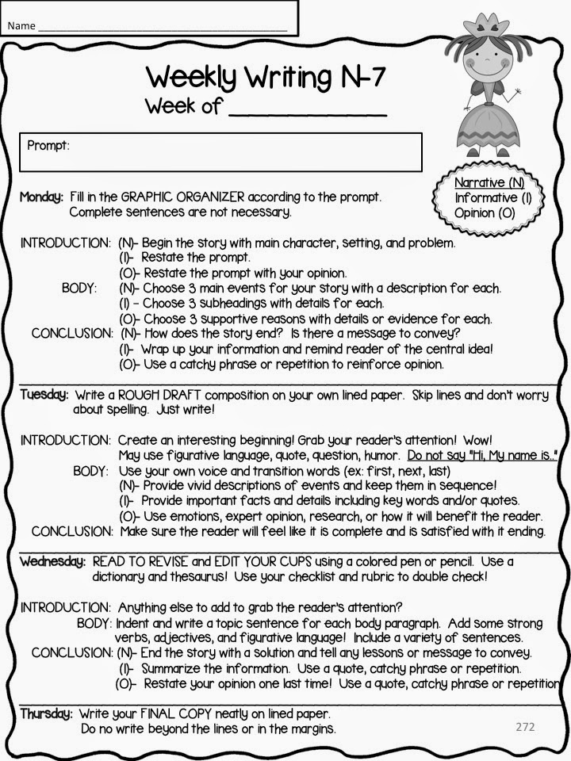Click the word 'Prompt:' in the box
coord(48,146)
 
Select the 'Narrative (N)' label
coord(489,183)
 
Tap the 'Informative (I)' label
coord(492,197)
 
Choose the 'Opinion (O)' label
coord(485,212)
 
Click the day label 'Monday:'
coord(41,197)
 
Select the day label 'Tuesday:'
coord(44,394)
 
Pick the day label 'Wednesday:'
coord(52,561)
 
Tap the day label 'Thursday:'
coord(46,713)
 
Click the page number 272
coord(525,725)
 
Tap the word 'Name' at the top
coord(21,26)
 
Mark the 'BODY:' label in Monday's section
coord(79,288)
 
